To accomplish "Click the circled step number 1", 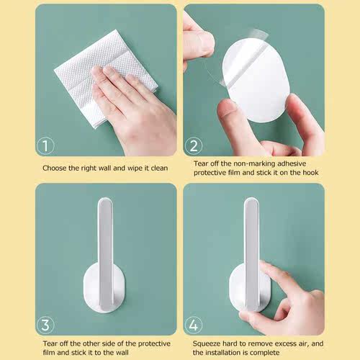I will pos(45,147).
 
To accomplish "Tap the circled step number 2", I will pos(194,147).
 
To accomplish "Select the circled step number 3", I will pos(45,325).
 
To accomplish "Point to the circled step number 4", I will pos(194,325).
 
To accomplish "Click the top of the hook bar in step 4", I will pos(251,203).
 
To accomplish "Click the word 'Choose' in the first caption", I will pos(55,168).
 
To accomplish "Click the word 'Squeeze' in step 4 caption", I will pos(208,343).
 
